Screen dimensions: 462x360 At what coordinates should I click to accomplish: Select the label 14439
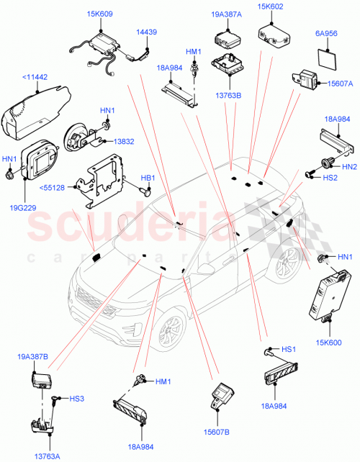click(x=146, y=32)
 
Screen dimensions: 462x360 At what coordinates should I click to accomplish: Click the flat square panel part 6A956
click(x=328, y=60)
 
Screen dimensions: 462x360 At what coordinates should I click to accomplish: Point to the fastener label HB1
click(x=148, y=178)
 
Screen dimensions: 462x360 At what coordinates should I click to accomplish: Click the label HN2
click(x=349, y=167)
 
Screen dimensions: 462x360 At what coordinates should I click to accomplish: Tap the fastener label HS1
click(x=288, y=350)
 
